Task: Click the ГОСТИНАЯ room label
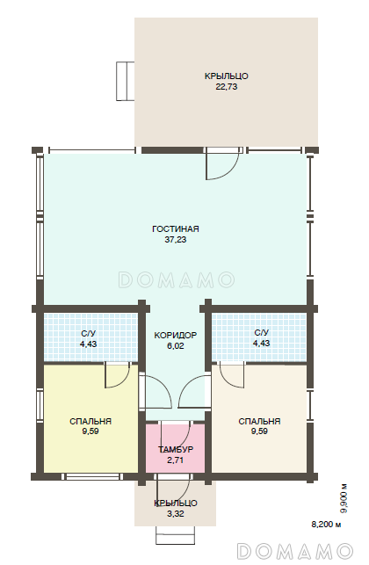tap(176, 228)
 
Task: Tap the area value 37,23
tap(176, 239)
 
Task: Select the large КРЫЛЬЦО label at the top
tap(227, 76)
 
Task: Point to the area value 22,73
tap(227, 87)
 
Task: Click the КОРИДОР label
tap(176, 335)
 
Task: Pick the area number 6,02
tap(176, 346)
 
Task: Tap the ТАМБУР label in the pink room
tap(176, 449)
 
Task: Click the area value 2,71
tap(176, 460)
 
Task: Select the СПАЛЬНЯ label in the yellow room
tap(90, 421)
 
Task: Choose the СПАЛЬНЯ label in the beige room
tap(259, 421)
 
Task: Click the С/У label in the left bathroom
tap(88, 333)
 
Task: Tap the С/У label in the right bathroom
tap(261, 332)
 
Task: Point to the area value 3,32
tap(176, 514)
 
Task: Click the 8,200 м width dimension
tap(326, 525)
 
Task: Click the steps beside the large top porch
tap(126, 81)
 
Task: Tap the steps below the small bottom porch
tap(176, 535)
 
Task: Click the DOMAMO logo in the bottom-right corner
tap(295, 551)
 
